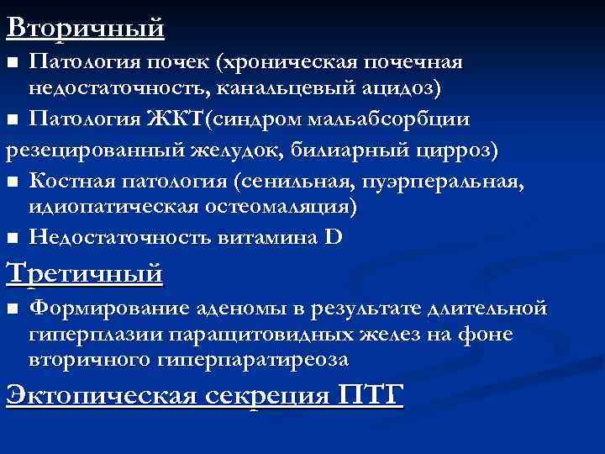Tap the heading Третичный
pyautogui.click(x=84, y=273)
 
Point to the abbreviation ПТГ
pyautogui.click(x=371, y=394)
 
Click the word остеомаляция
pyautogui.click(x=285, y=205)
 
